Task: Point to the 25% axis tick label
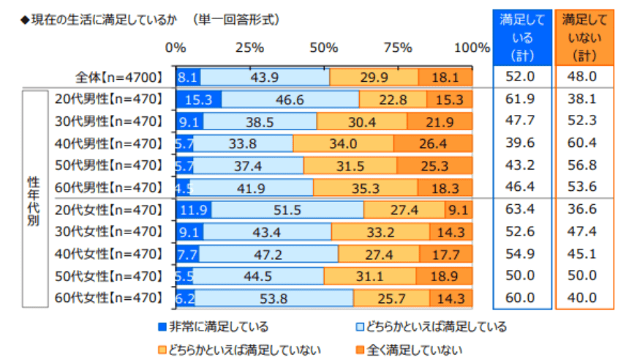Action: (x=249, y=48)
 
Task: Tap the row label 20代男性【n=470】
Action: (x=108, y=100)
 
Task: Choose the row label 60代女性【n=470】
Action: (x=108, y=298)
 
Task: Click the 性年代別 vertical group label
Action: (x=34, y=198)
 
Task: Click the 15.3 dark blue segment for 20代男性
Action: (x=199, y=100)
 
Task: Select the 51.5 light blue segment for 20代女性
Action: (x=287, y=210)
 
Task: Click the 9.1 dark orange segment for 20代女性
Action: (x=459, y=210)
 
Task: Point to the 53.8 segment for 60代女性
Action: (x=274, y=298)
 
